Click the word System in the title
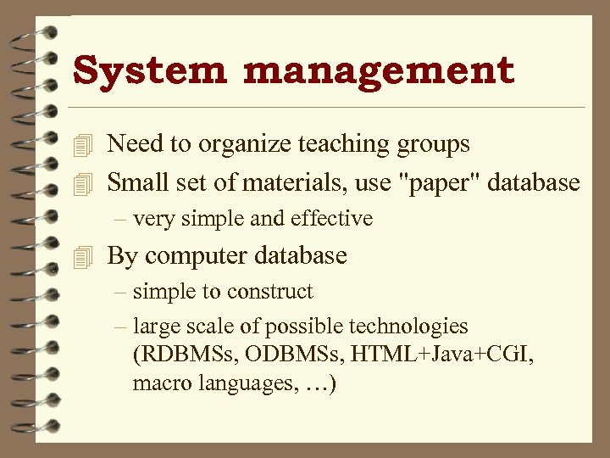pyautogui.click(x=150, y=70)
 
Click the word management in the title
pyautogui.click(x=379, y=70)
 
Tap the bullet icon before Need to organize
pyautogui.click(x=82, y=145)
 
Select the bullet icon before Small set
pyautogui.click(x=82, y=182)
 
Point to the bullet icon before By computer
pyautogui.click(x=82, y=256)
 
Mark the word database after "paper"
pyautogui.click(x=538, y=182)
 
